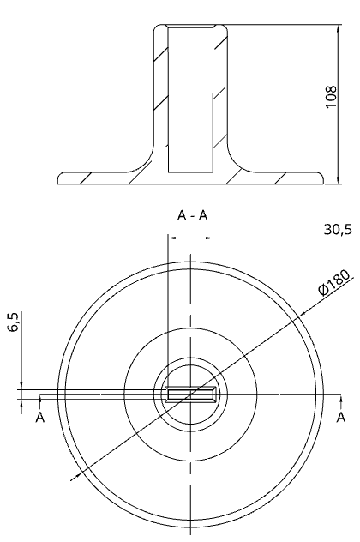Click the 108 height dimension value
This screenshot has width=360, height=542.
[x=331, y=99]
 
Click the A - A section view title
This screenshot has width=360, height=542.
[x=192, y=217]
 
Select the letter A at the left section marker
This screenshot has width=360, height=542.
[x=39, y=418]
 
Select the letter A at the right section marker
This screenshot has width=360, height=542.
[x=340, y=418]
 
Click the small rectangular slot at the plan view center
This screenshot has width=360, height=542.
[x=190, y=394]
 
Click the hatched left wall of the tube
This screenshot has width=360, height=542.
[x=159, y=94]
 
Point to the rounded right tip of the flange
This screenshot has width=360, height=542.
[x=321, y=179]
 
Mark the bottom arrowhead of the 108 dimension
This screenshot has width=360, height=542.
[x=340, y=181]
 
